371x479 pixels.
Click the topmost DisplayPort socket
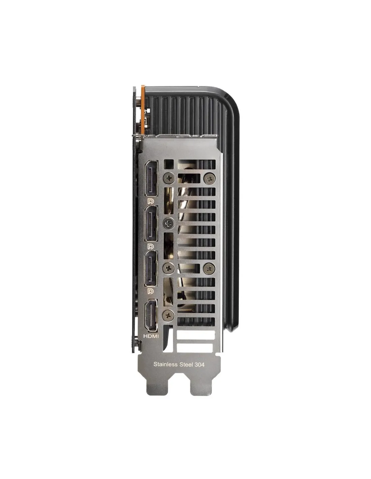151,179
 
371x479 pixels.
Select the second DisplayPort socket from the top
151,224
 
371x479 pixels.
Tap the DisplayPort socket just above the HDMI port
151,268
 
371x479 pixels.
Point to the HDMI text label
151,337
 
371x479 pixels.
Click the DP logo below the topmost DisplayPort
151,201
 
